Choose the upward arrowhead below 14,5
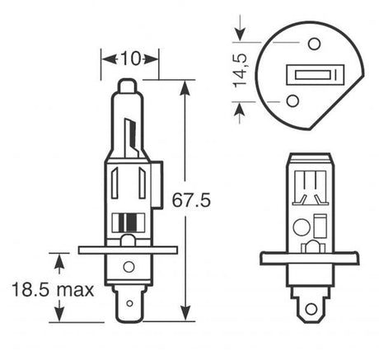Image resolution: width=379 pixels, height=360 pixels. pos(240,107)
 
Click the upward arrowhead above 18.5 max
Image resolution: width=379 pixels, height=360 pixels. pos(59,260)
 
